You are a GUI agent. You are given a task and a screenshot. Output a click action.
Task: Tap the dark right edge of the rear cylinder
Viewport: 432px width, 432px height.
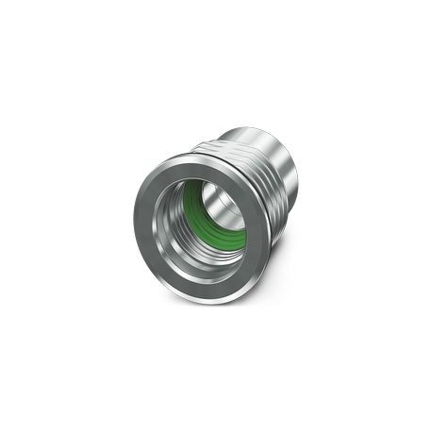click(300, 184)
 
